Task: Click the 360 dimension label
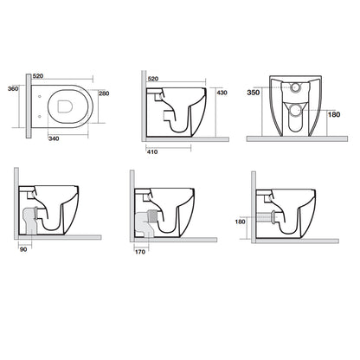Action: point(13,89)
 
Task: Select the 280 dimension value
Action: point(104,93)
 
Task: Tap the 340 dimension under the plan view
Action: point(54,138)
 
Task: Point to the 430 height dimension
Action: point(222,93)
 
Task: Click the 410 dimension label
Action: point(152,151)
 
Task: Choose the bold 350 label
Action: point(254,93)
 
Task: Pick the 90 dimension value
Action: point(23,249)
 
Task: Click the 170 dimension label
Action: point(140,252)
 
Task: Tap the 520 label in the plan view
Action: point(38,76)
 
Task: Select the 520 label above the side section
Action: point(153,79)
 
